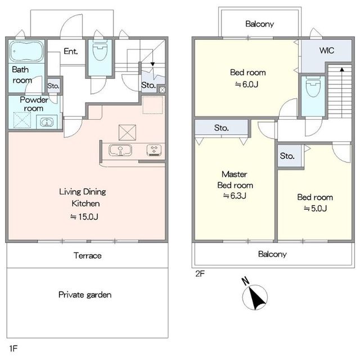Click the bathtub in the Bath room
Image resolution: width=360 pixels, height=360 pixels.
26,51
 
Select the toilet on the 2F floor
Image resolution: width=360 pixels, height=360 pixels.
313,87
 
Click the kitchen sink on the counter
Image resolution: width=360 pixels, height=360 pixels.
120,150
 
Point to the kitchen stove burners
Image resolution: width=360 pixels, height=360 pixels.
154,150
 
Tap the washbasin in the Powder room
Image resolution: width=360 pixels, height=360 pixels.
47,122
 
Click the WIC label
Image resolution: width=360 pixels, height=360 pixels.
326,51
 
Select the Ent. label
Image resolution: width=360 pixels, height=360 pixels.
71,51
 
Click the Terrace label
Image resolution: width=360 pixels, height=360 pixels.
88,255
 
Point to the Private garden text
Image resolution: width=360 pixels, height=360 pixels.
85,295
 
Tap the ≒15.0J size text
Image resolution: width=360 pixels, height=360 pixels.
84,217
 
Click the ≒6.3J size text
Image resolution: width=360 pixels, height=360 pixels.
235,196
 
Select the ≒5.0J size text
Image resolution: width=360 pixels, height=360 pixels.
315,209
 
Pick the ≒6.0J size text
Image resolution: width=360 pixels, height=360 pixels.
246,84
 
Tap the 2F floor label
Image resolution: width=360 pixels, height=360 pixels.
200,274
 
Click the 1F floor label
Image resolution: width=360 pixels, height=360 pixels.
13,349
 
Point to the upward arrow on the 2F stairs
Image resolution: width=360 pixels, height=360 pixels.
342,92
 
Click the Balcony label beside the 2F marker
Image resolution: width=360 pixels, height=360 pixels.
272,254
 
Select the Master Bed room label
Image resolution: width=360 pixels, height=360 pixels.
235,180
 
